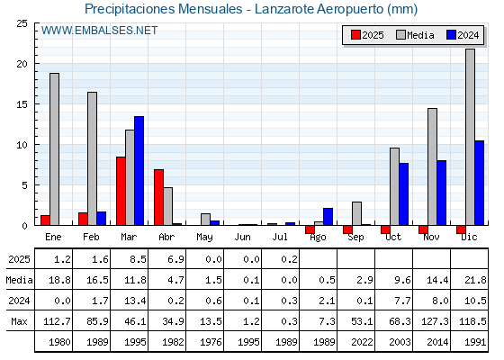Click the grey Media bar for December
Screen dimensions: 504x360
[x=470, y=137]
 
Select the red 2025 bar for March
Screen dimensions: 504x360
[x=121, y=191]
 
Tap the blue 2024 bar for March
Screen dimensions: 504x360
[x=139, y=171]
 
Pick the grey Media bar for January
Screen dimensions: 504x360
[x=54, y=149]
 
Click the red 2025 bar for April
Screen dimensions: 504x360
[x=158, y=197]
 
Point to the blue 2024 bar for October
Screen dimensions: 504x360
[x=404, y=194]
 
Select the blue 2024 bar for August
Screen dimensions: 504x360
[x=328, y=217]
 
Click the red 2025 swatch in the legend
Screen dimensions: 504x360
[x=355, y=35]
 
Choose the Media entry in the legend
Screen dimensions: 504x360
[x=415, y=35]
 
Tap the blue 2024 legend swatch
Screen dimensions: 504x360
[x=451, y=35]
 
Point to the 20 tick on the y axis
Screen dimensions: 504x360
[x=22, y=64]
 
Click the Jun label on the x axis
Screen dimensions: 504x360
[x=242, y=238]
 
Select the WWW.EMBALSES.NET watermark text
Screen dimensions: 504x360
[x=99, y=31]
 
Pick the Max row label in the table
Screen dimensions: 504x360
[x=19, y=321]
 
